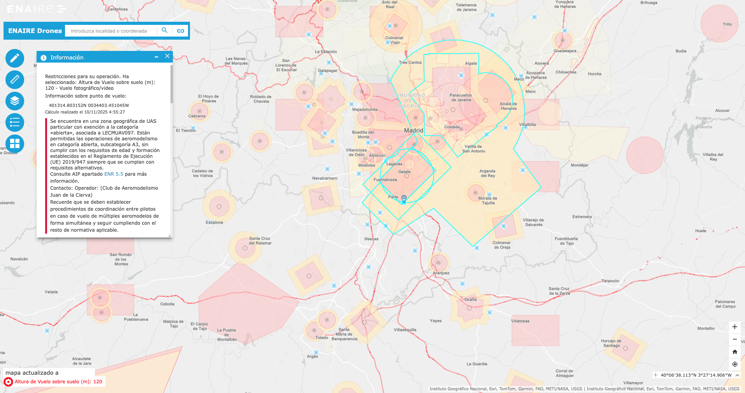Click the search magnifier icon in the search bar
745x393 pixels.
[164, 30]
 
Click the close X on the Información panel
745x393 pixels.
[167, 56]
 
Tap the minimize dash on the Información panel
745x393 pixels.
[156, 57]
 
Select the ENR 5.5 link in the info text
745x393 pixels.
[114, 174]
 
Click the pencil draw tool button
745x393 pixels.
[15, 58]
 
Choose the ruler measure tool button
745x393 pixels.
[15, 80]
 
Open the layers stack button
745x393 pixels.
[15, 101]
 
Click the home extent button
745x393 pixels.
[735, 352]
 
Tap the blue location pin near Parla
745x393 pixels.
[404, 199]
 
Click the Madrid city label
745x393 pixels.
[413, 131]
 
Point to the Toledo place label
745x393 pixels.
[322, 337]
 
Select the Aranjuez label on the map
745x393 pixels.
[441, 273]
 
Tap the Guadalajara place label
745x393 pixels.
[565, 51]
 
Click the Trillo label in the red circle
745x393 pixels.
[727, 24]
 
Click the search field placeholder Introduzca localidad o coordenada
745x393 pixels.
[109, 31]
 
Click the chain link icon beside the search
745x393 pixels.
[181, 31]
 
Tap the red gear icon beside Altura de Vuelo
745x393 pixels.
[8, 382]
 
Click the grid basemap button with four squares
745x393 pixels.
[15, 144]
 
